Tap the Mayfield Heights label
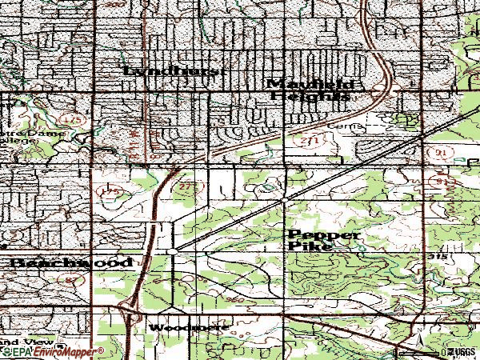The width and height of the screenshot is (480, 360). (309, 89)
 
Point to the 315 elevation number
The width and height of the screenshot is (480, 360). (435, 256)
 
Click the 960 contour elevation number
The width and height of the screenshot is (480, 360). (235, 298)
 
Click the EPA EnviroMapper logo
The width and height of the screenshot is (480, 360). (52, 351)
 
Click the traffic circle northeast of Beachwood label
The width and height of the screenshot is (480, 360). (173, 252)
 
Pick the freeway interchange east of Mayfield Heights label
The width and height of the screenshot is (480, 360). (384, 90)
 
